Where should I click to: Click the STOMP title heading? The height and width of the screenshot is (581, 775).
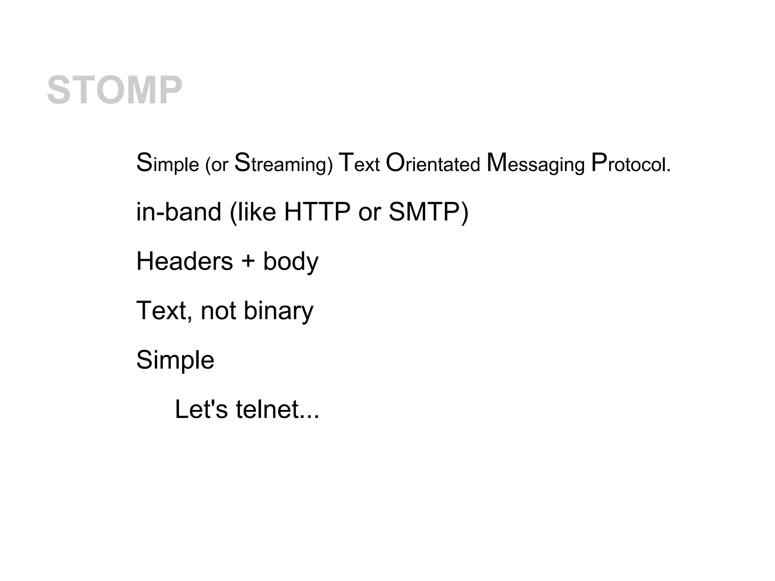[x=114, y=90]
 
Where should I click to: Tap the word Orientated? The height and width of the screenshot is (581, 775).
[x=433, y=163]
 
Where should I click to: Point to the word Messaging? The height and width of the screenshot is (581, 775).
[x=535, y=164]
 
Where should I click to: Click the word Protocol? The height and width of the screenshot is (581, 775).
[x=630, y=163]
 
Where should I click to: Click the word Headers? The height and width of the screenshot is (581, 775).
[x=184, y=261]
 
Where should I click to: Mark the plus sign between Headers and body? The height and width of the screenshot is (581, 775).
[x=248, y=262]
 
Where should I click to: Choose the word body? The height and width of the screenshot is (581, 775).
[x=291, y=262]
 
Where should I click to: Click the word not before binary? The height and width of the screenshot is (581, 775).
[x=218, y=311]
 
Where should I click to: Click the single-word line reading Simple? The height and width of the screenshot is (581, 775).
[x=175, y=360]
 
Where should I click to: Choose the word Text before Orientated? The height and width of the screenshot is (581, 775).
[x=359, y=163]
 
